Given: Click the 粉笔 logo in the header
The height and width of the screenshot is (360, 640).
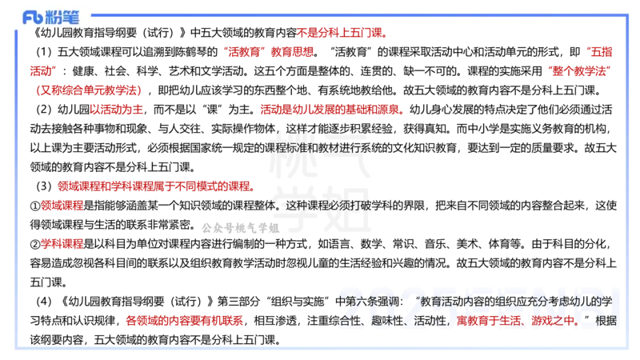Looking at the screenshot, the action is (x=50, y=18).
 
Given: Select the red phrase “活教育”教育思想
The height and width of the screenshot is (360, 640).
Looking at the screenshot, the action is (x=268, y=52).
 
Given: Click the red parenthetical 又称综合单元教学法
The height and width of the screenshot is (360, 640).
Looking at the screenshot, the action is (x=89, y=90).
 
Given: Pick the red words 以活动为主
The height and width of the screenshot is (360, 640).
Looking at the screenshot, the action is (x=116, y=110).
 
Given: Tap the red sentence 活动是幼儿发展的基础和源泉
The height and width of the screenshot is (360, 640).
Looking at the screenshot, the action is (x=330, y=110).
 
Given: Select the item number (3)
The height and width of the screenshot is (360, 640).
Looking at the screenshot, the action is (x=44, y=186).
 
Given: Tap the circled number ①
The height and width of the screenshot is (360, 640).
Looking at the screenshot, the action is (x=35, y=206).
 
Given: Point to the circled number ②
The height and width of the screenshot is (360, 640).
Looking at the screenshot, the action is (x=35, y=244).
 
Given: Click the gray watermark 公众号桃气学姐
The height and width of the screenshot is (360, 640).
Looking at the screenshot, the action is (x=241, y=227).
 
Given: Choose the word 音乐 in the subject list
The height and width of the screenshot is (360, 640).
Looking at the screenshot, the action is (x=435, y=244).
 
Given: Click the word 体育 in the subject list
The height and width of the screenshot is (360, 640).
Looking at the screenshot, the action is (x=499, y=244).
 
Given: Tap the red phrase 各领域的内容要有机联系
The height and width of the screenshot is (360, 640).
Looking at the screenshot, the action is (x=185, y=321).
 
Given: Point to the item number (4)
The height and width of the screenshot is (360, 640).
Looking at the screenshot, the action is (x=44, y=302).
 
